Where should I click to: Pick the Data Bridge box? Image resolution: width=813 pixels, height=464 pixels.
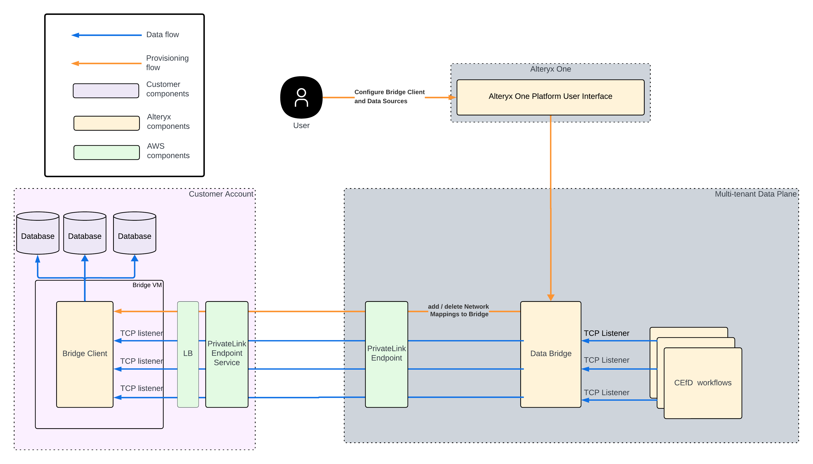(550, 354)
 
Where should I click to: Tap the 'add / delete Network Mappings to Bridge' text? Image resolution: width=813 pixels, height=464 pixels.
(458, 310)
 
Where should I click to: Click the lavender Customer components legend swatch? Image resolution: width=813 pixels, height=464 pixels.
(106, 91)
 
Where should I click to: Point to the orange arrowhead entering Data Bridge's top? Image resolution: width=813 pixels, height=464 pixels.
(550, 297)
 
